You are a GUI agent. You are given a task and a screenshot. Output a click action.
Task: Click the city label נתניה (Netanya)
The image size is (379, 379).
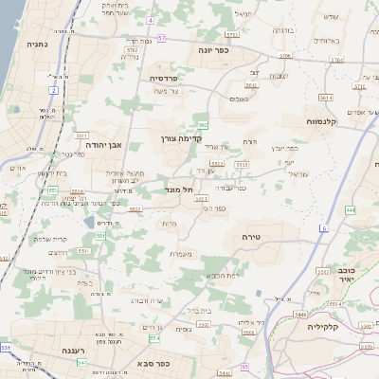pos(38,43)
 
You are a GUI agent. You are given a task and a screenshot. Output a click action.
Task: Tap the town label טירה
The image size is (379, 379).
pos(251,236)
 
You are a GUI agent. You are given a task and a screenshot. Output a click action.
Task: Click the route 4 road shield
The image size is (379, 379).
pos(150,20)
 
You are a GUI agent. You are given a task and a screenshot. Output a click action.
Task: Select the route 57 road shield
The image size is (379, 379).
pos(162,38)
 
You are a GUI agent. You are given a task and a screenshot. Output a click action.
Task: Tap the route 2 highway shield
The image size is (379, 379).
pos(54,90)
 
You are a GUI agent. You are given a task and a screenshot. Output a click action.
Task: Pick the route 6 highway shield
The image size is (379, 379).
pos(323,228)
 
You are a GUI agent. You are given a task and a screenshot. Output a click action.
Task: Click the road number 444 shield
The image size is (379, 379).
pos(351,210)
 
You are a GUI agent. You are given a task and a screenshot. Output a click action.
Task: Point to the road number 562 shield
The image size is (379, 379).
pos(203,124)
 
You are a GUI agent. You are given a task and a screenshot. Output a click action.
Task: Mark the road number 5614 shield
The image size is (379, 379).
pos(326,97)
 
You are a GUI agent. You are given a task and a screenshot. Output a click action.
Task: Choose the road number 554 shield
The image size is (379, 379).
pos(153,337)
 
